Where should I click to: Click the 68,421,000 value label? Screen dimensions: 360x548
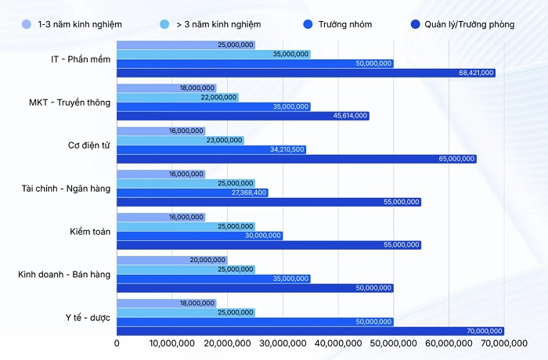[476, 73]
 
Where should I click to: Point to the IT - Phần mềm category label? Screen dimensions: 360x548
[78, 59]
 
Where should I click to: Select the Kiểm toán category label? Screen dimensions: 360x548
[90, 231]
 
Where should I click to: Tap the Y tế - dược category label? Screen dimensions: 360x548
[88, 317]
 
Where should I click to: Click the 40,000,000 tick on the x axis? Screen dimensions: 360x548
[338, 342]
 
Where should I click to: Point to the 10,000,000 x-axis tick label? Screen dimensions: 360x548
[172, 342]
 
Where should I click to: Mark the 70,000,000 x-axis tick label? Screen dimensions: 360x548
[504, 342]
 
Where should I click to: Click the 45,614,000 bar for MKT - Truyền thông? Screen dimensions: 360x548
[243, 116]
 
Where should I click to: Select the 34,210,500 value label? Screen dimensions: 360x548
[287, 149]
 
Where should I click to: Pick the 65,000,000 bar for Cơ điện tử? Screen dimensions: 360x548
[296, 159]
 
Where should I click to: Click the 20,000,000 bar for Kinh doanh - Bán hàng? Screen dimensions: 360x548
[171, 260]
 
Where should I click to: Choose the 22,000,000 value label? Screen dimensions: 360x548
[219, 97]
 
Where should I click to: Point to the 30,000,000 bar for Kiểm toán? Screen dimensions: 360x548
[200, 236]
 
